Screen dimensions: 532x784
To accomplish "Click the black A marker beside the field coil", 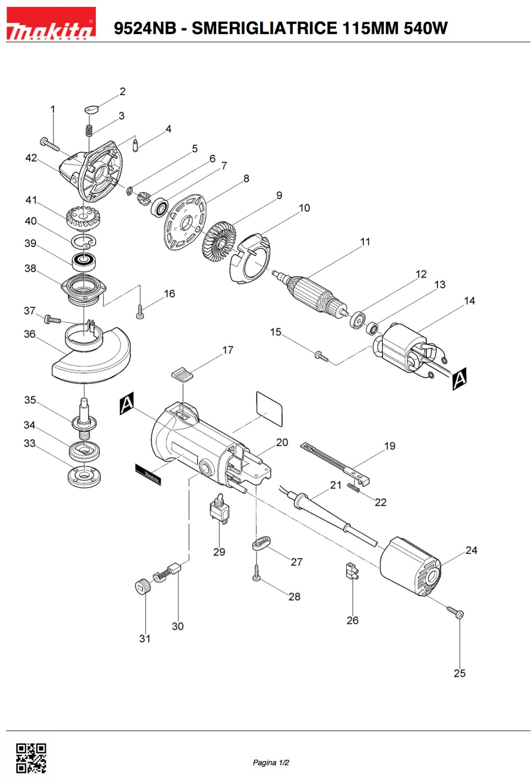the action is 459,379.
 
